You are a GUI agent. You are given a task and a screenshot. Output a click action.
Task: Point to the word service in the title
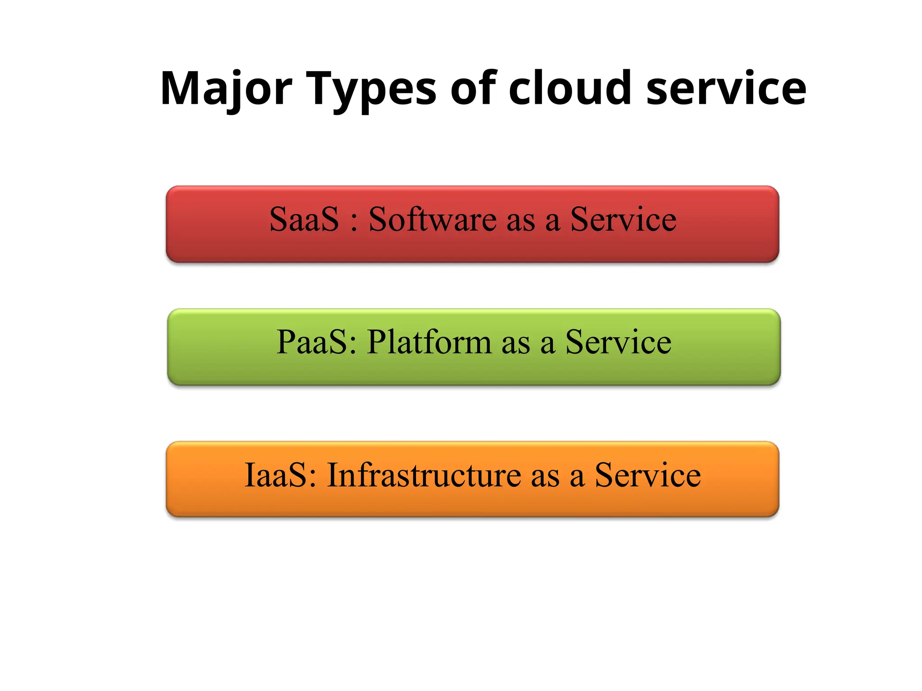point(726,89)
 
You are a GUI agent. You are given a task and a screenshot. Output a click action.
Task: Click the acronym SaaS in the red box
point(304,220)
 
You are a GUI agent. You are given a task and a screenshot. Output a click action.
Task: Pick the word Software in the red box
point(432,220)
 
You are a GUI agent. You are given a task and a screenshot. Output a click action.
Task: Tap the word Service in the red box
point(623,220)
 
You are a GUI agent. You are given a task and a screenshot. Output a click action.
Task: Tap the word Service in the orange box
point(648,475)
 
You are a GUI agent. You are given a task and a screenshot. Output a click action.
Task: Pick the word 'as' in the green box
point(515,345)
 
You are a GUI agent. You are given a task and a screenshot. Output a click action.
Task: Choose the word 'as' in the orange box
point(545,477)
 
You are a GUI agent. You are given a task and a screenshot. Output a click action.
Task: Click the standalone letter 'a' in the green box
point(547,345)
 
